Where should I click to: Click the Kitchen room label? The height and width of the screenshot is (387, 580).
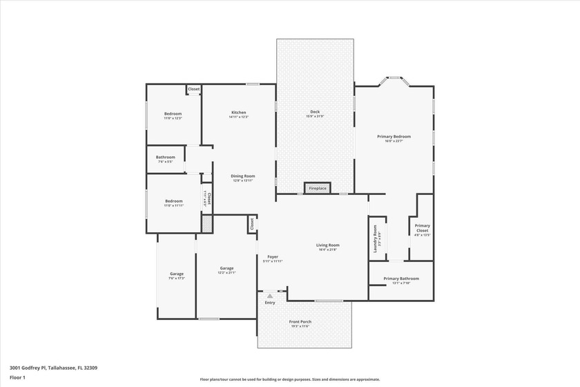pos(238,113)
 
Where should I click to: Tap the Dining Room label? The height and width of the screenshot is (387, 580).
pos(242,176)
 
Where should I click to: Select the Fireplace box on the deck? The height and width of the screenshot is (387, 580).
pos(318,188)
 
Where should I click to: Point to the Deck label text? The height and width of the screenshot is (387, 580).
pos(315,112)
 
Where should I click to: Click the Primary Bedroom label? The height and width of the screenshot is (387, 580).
pos(394,137)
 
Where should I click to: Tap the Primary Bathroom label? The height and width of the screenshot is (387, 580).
pos(400,279)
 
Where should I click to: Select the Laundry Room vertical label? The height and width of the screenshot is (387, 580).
pos(376,238)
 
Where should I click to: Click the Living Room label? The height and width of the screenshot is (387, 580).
pos(328,245)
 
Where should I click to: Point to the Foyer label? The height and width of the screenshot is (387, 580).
pos(273,257)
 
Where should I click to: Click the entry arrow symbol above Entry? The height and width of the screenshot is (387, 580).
pos(270,296)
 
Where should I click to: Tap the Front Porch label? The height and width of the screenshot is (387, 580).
pos(300,322)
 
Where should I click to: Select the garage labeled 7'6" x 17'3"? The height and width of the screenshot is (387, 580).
pos(177,274)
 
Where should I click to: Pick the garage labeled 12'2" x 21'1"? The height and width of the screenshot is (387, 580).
pos(226,269)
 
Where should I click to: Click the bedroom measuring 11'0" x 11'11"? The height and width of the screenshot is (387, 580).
pos(173,202)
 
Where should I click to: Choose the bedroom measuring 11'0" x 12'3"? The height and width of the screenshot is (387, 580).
pos(173,114)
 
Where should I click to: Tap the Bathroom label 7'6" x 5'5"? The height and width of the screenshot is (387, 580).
pos(165,158)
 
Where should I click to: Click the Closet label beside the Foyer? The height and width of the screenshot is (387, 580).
pos(252,224)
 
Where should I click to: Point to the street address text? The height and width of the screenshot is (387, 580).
pos(53,368)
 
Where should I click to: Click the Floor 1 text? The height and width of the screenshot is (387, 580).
pos(17,378)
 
